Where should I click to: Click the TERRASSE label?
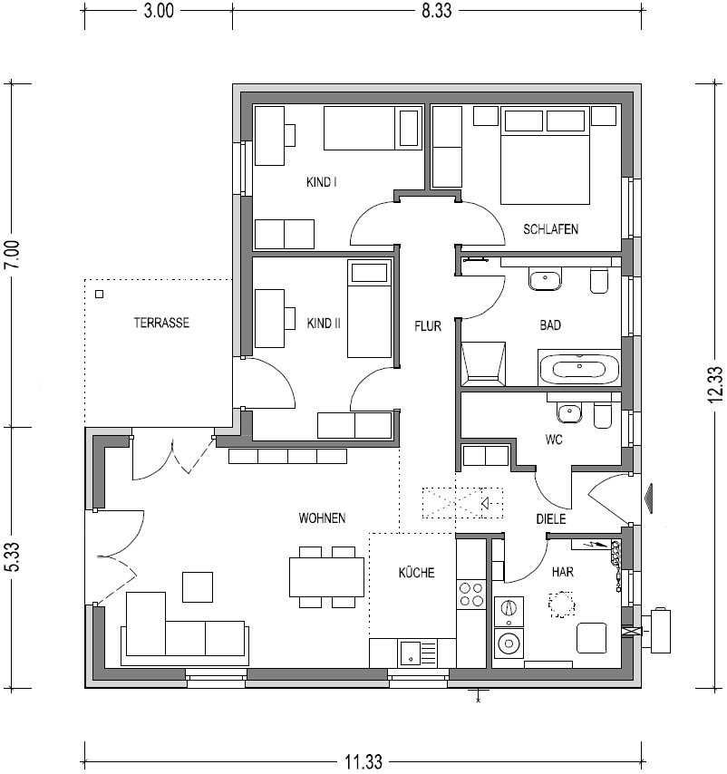161,323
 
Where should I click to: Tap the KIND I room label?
321,182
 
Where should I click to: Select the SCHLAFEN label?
550,229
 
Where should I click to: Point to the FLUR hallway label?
428,325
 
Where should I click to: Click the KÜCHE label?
417,573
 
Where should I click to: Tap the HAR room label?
563,572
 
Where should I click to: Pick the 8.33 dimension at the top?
436,10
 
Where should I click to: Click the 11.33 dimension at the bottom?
363,761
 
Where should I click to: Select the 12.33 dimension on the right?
715,384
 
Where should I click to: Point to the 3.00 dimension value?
159,10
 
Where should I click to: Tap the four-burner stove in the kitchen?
471,594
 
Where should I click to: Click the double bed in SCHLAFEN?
545,157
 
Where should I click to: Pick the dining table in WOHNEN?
326,577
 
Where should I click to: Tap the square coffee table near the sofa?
198,587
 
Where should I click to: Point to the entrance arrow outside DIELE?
648,498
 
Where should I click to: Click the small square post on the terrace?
99,295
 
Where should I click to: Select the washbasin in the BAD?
545,280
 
